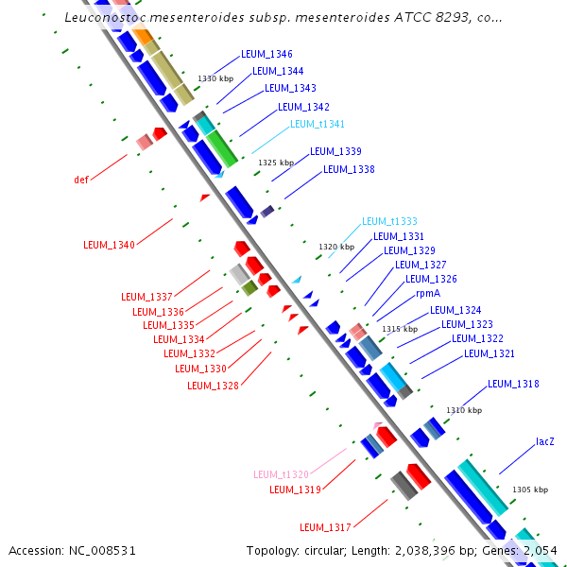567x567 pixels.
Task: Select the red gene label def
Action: coord(81,179)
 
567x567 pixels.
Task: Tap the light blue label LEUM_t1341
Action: coord(318,124)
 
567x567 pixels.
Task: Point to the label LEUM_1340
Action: coord(109,245)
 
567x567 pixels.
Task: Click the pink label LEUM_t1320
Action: coord(281,474)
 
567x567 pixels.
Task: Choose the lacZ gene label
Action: coord(545,441)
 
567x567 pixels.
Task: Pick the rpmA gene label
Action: coord(428,294)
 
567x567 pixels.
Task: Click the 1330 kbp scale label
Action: coord(215,78)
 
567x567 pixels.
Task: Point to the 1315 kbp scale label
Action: coord(399,329)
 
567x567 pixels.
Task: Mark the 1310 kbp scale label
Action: coord(464,410)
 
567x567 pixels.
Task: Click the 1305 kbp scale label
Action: coord(529,490)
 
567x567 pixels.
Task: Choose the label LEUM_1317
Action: coord(325,526)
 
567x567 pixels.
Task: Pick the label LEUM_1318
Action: coord(513,384)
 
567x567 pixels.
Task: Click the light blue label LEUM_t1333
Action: coord(389,221)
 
